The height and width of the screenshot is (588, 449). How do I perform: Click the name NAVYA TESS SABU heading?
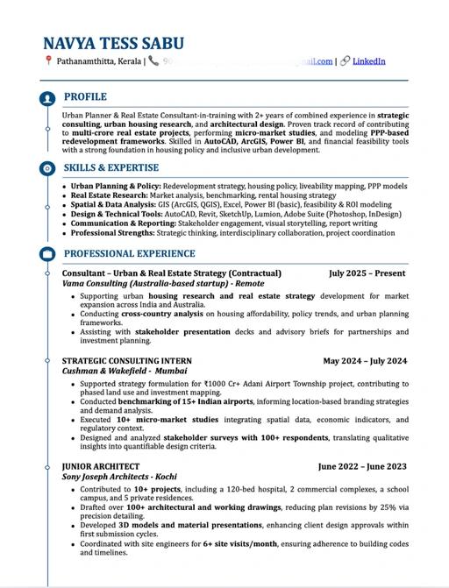click(119, 44)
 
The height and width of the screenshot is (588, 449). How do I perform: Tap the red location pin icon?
click(48, 61)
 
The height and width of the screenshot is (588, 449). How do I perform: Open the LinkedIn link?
click(368, 61)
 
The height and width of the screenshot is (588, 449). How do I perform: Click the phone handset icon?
click(153, 61)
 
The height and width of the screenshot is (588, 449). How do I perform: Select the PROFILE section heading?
click(85, 96)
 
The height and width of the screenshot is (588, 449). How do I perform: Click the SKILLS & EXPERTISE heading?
click(111, 166)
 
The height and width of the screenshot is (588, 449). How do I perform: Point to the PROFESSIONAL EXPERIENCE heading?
click(132, 253)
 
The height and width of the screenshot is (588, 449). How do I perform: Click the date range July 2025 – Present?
click(367, 273)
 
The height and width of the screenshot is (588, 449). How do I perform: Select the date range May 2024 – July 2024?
click(365, 360)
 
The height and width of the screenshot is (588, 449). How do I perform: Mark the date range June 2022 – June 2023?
click(362, 466)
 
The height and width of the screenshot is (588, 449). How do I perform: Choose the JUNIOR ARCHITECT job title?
click(101, 466)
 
